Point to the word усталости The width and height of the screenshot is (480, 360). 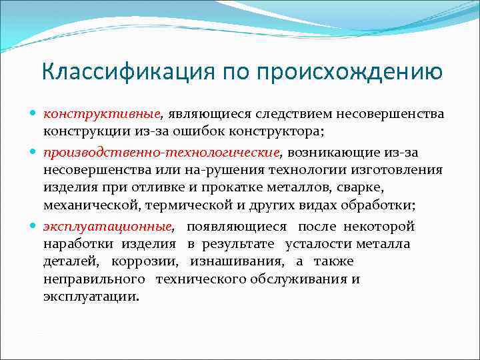[319, 244]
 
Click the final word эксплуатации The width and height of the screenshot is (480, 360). [92, 296]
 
